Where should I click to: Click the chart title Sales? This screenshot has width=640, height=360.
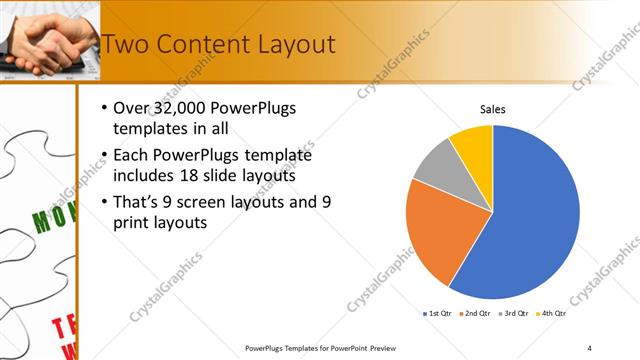coord(493,109)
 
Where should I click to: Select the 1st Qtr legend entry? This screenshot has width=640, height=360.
coord(438,314)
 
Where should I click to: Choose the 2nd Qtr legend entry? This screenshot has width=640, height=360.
coord(475,314)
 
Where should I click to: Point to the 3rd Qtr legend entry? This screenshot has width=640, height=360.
coord(513,314)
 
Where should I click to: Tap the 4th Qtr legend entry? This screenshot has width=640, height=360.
coord(550,314)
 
